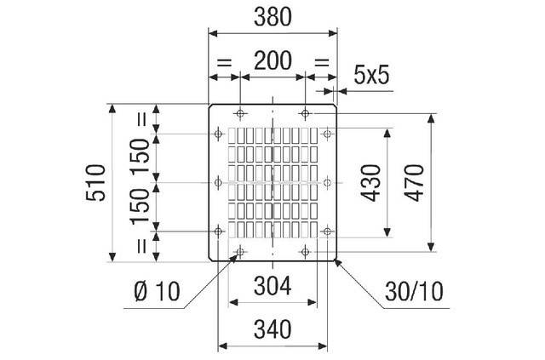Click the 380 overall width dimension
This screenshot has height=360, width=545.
(x=273, y=16)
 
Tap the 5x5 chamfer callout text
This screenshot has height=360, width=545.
(x=371, y=76)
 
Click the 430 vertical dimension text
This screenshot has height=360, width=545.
(x=370, y=183)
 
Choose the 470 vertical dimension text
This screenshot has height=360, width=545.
(x=415, y=183)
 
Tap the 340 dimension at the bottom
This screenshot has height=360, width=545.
(x=272, y=329)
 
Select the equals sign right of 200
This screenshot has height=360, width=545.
(x=322, y=62)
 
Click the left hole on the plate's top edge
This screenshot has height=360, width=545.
(x=241, y=113)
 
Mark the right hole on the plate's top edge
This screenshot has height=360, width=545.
(x=305, y=113)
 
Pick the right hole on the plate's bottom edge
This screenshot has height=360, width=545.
(x=305, y=252)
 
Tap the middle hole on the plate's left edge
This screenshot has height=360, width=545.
(x=220, y=182)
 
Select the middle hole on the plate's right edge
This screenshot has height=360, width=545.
(x=326, y=182)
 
